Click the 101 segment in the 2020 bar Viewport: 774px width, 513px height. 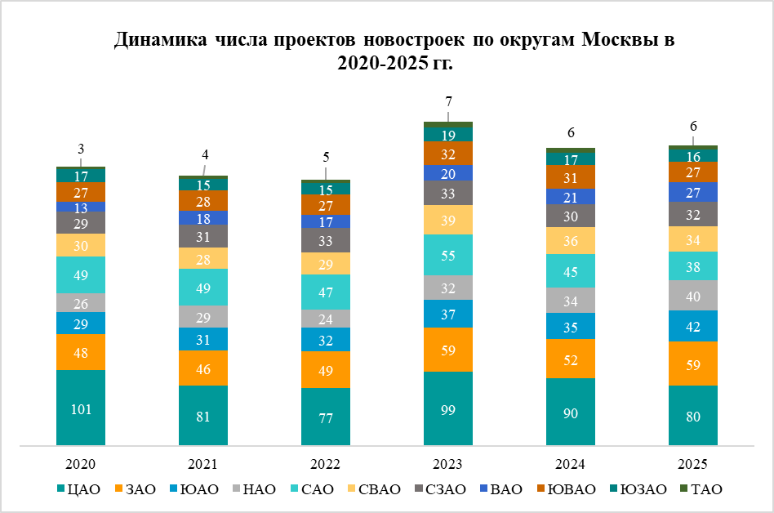81,408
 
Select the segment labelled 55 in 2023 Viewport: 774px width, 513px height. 448,255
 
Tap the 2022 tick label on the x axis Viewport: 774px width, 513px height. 326,464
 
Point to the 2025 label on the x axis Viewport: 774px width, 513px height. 693,464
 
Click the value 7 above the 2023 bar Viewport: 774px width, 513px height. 448,101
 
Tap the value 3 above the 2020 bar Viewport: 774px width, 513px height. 81,149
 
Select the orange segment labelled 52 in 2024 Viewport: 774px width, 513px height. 571,359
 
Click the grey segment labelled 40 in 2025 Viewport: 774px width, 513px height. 693,295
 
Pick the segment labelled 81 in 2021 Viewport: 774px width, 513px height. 203,416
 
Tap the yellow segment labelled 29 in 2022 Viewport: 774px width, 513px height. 326,263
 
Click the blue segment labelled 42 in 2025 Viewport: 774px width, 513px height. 693,325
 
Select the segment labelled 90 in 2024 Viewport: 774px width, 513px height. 571,413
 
